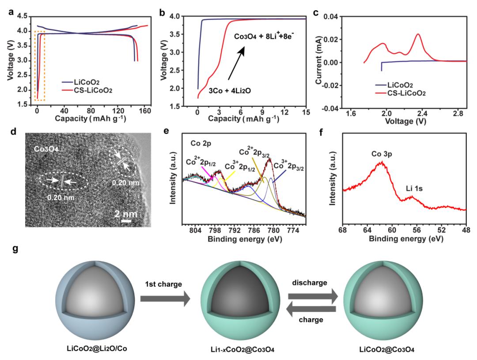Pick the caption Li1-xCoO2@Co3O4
coord(239,351)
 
